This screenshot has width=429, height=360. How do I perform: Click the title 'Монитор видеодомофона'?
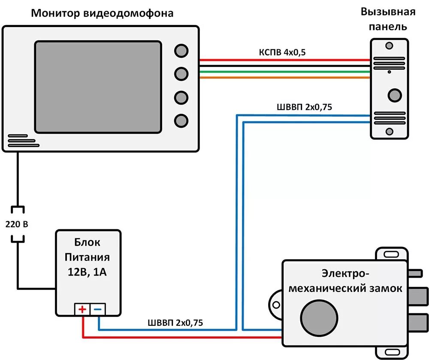pyautogui.click(x=102, y=13)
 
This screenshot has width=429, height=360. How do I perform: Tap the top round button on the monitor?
pyautogui.click(x=181, y=51)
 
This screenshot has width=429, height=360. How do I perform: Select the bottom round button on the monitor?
pyautogui.click(x=181, y=120)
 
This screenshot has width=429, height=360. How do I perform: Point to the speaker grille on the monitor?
pyautogui.click(x=21, y=141)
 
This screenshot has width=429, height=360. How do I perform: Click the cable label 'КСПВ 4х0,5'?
pyautogui.click(x=282, y=52)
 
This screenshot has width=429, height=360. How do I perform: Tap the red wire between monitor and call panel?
pyautogui.click(x=283, y=60)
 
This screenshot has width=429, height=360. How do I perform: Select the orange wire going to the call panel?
pyautogui.click(x=283, y=78)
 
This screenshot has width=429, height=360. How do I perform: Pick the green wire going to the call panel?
pyautogui.click(x=283, y=72)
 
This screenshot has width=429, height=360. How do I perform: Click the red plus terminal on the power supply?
pyautogui.click(x=82, y=309)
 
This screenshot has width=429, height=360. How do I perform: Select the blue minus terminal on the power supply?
pyautogui.click(x=98, y=309)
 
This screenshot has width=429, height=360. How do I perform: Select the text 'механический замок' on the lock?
pyautogui.click(x=345, y=288)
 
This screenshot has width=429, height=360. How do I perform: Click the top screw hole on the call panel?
pyautogui.click(x=389, y=45)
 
